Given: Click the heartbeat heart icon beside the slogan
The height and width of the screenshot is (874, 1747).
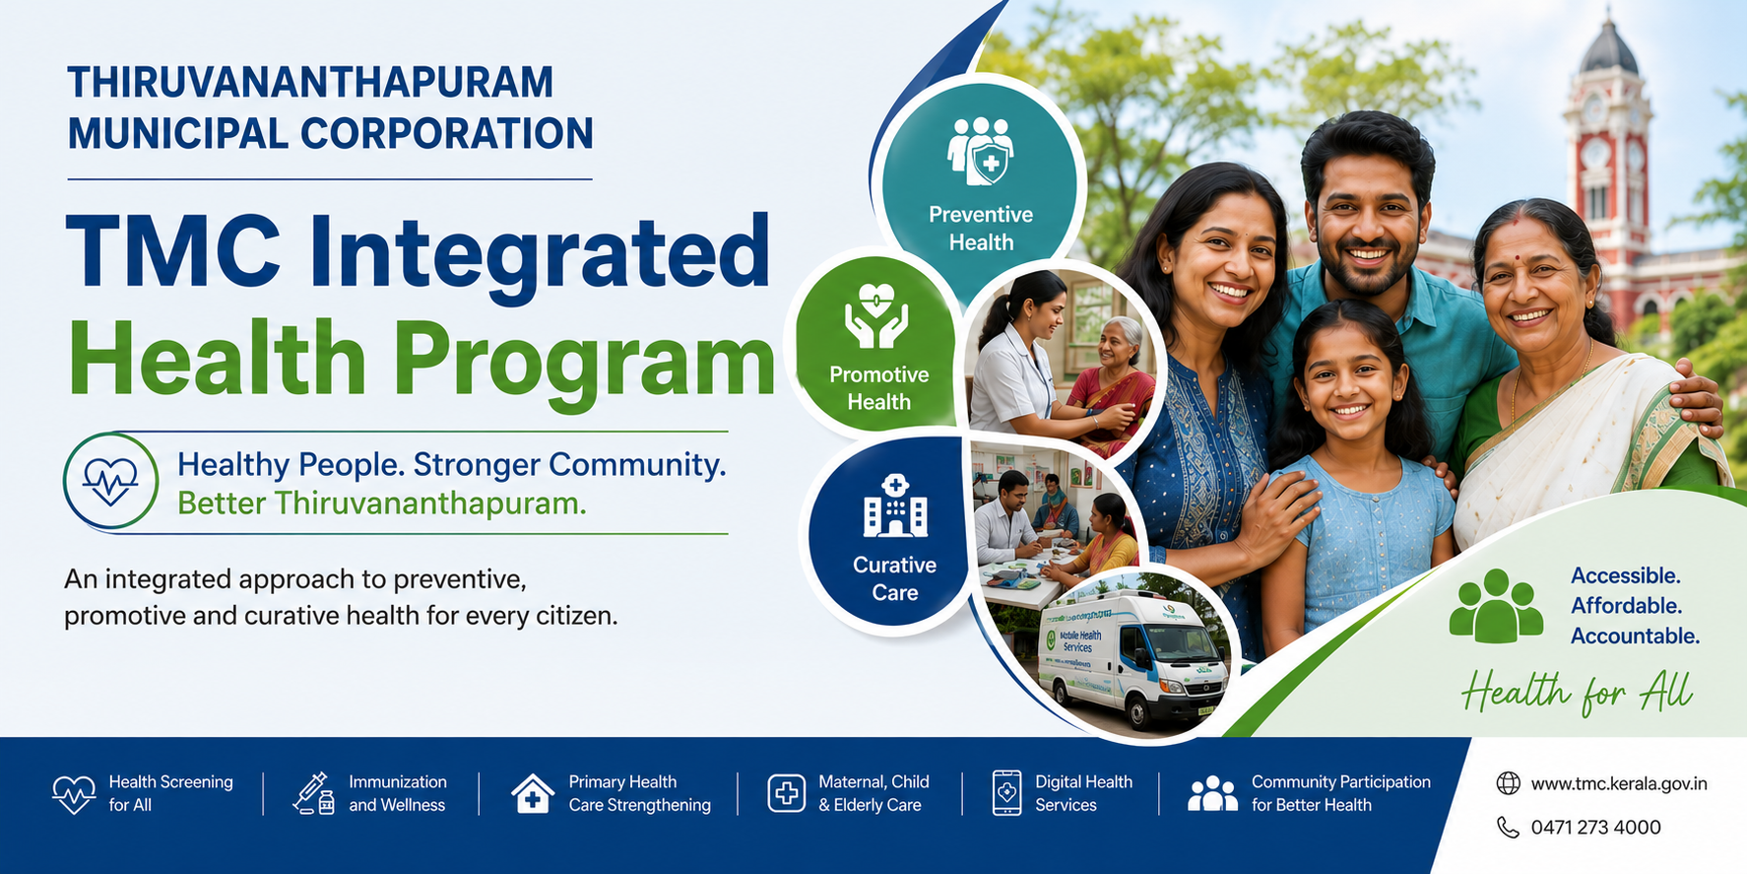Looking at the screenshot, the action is tap(110, 481).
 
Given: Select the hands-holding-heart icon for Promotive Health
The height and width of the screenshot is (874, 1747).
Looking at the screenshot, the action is tap(876, 316).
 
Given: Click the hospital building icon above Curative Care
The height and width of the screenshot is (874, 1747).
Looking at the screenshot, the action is tap(895, 505).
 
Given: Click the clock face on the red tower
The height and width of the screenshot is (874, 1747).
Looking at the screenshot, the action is tap(1595, 154).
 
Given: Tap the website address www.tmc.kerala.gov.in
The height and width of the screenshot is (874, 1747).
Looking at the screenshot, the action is tap(1619, 784).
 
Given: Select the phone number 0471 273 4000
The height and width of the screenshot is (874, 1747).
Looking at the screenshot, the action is tap(1595, 828).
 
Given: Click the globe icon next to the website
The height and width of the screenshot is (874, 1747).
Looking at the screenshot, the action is tap(1508, 783).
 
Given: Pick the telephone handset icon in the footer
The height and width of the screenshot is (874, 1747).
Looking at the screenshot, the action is tap(1508, 827).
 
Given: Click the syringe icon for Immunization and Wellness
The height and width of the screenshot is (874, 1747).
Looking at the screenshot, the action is tap(314, 793).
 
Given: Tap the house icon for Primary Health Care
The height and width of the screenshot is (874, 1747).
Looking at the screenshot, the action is tap(533, 793).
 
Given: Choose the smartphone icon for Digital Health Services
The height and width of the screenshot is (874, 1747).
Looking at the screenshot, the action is tap(1006, 793).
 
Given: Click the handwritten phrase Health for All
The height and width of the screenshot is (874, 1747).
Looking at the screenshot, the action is tap(1577, 692).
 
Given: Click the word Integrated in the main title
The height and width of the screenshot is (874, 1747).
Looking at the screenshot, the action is tap(540, 254).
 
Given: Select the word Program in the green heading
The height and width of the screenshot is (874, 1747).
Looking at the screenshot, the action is tap(585, 361).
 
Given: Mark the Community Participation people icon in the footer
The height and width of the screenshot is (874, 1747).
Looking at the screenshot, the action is tap(1212, 793).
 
